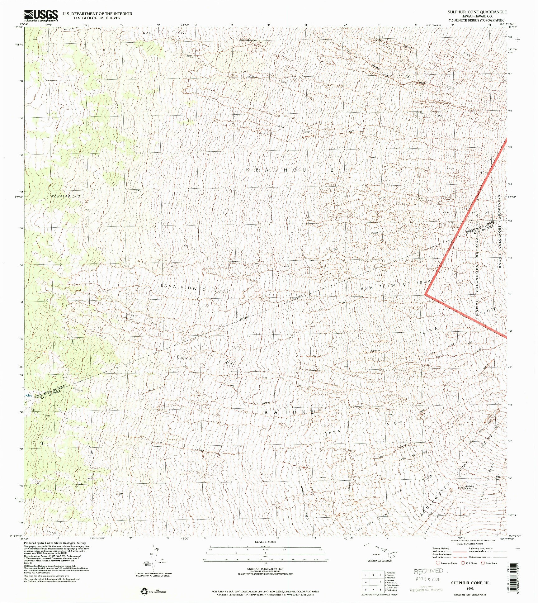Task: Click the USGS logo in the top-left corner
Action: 41,15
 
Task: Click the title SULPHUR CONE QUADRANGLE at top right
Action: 477,12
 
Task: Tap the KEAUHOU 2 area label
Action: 290,170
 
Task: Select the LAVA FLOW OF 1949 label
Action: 394,286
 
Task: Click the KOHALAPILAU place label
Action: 66,197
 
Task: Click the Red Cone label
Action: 498,477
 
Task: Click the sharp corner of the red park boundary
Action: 426,293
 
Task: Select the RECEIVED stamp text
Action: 428,571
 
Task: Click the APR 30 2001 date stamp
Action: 427,579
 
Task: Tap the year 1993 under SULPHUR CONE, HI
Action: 470,588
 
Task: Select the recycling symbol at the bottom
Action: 145,591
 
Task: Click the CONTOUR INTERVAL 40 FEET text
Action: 265,569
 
